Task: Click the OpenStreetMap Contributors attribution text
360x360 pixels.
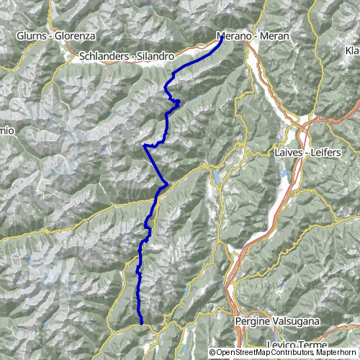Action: (x=252, y=352)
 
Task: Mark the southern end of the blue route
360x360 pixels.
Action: (x=142, y=323)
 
